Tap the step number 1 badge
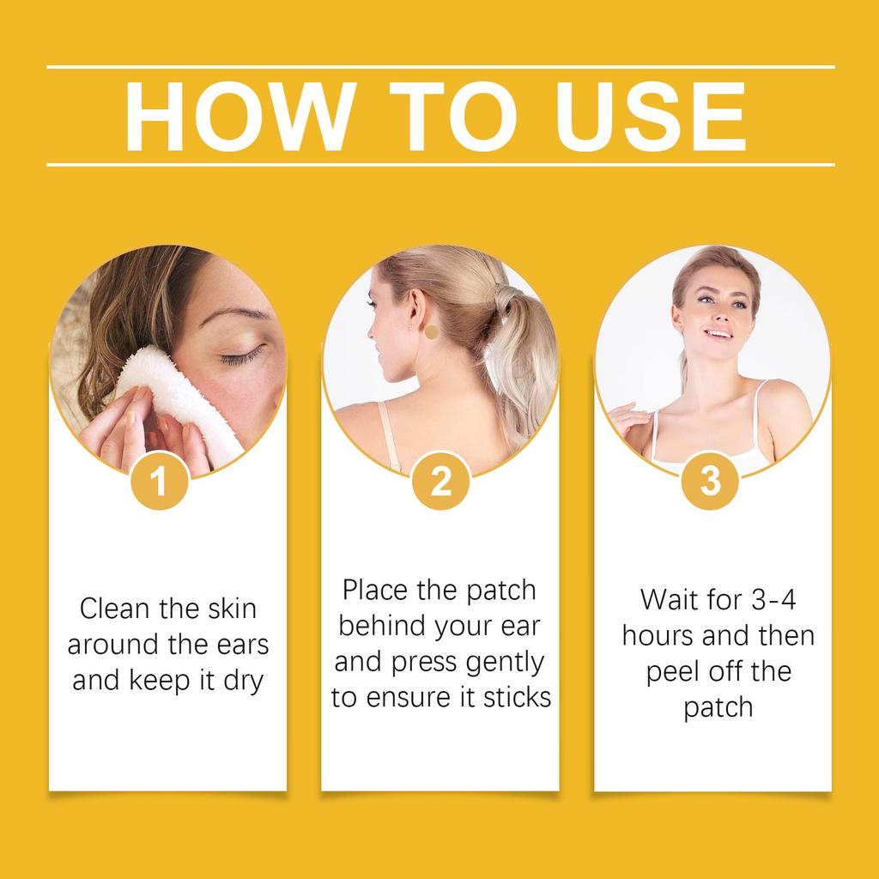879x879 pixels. click(160, 482)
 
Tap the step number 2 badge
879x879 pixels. click(440, 482)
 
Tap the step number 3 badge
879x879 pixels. click(710, 482)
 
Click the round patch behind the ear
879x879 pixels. click(432, 331)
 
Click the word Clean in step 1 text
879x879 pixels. click(113, 609)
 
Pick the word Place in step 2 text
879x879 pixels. click(377, 591)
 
